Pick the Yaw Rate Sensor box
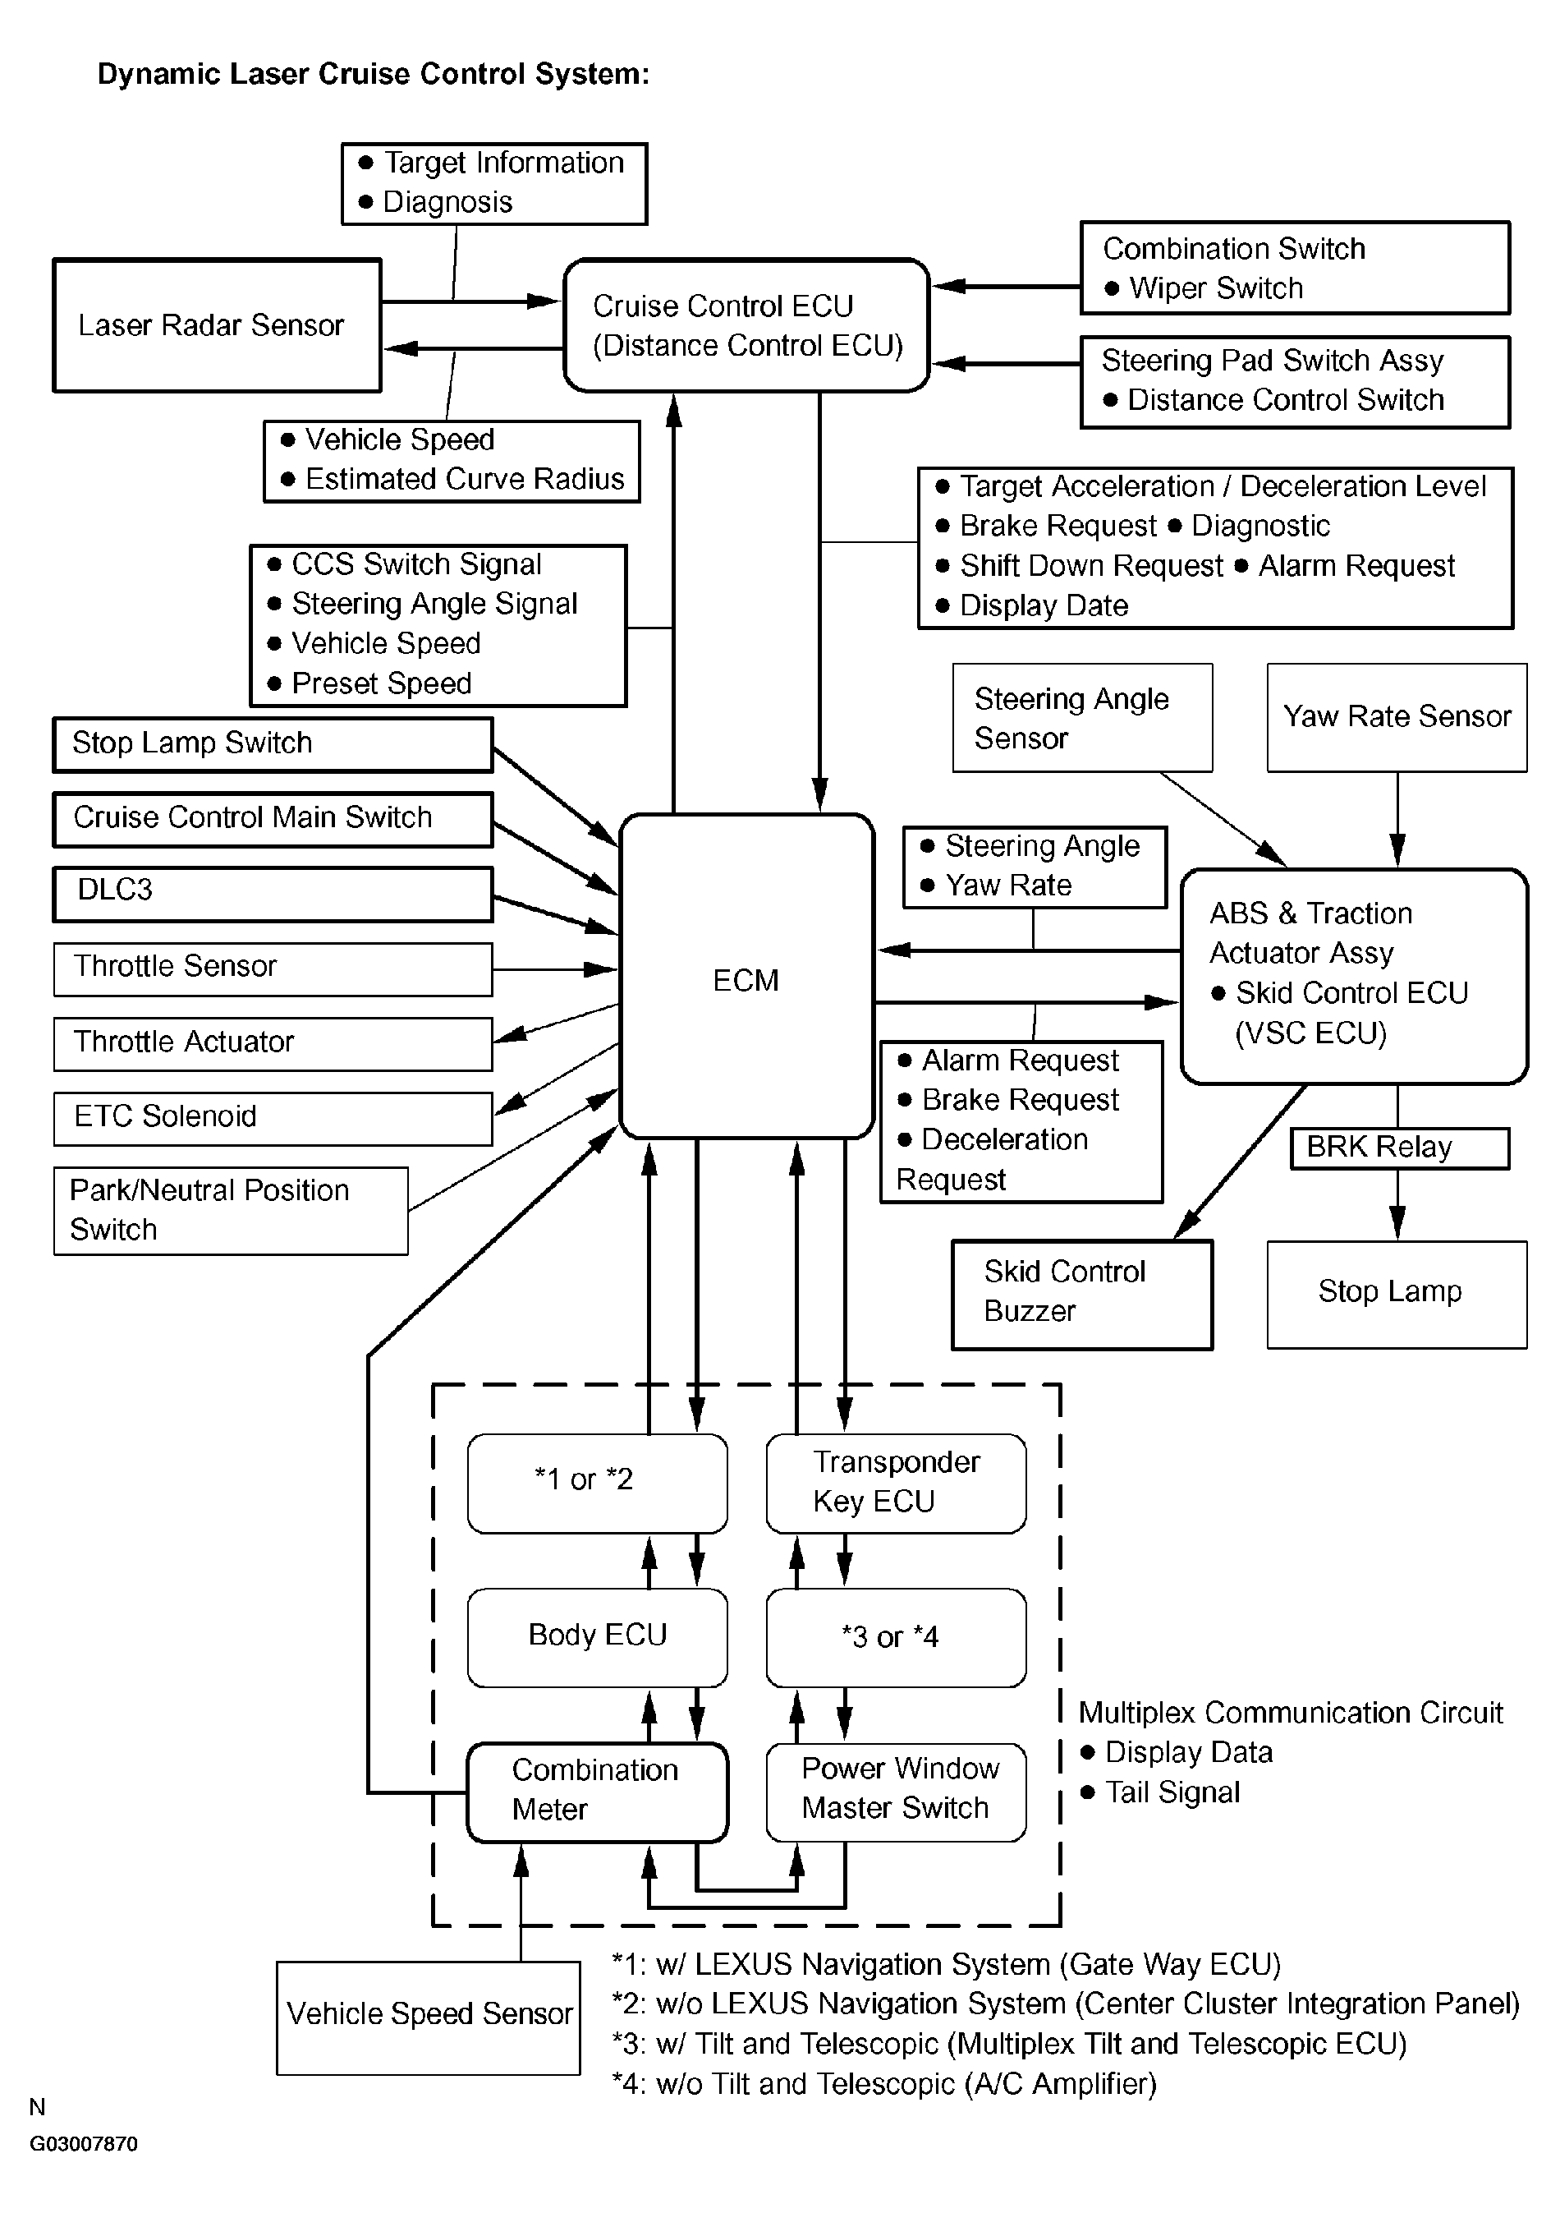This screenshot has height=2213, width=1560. coord(1397,717)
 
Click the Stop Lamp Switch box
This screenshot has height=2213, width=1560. coord(273,744)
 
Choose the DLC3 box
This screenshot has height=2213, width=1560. coord(273,894)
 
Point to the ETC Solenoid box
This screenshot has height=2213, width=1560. coord(273,1118)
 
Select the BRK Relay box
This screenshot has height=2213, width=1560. coord(1400,1148)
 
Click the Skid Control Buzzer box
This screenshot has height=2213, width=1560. coord(1082,1295)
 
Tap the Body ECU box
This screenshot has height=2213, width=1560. coord(598,1636)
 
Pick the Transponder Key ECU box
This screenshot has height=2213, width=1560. coord(896,1483)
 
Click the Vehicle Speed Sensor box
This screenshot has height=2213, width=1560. coord(429,2017)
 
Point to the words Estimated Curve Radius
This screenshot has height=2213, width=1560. coord(465,479)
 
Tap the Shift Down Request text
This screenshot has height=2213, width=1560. coord(1092,566)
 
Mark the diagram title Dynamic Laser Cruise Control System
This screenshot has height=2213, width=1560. coord(374,74)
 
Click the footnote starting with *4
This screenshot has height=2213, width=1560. coord(883,2084)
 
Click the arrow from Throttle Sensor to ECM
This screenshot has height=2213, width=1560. coord(555,968)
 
